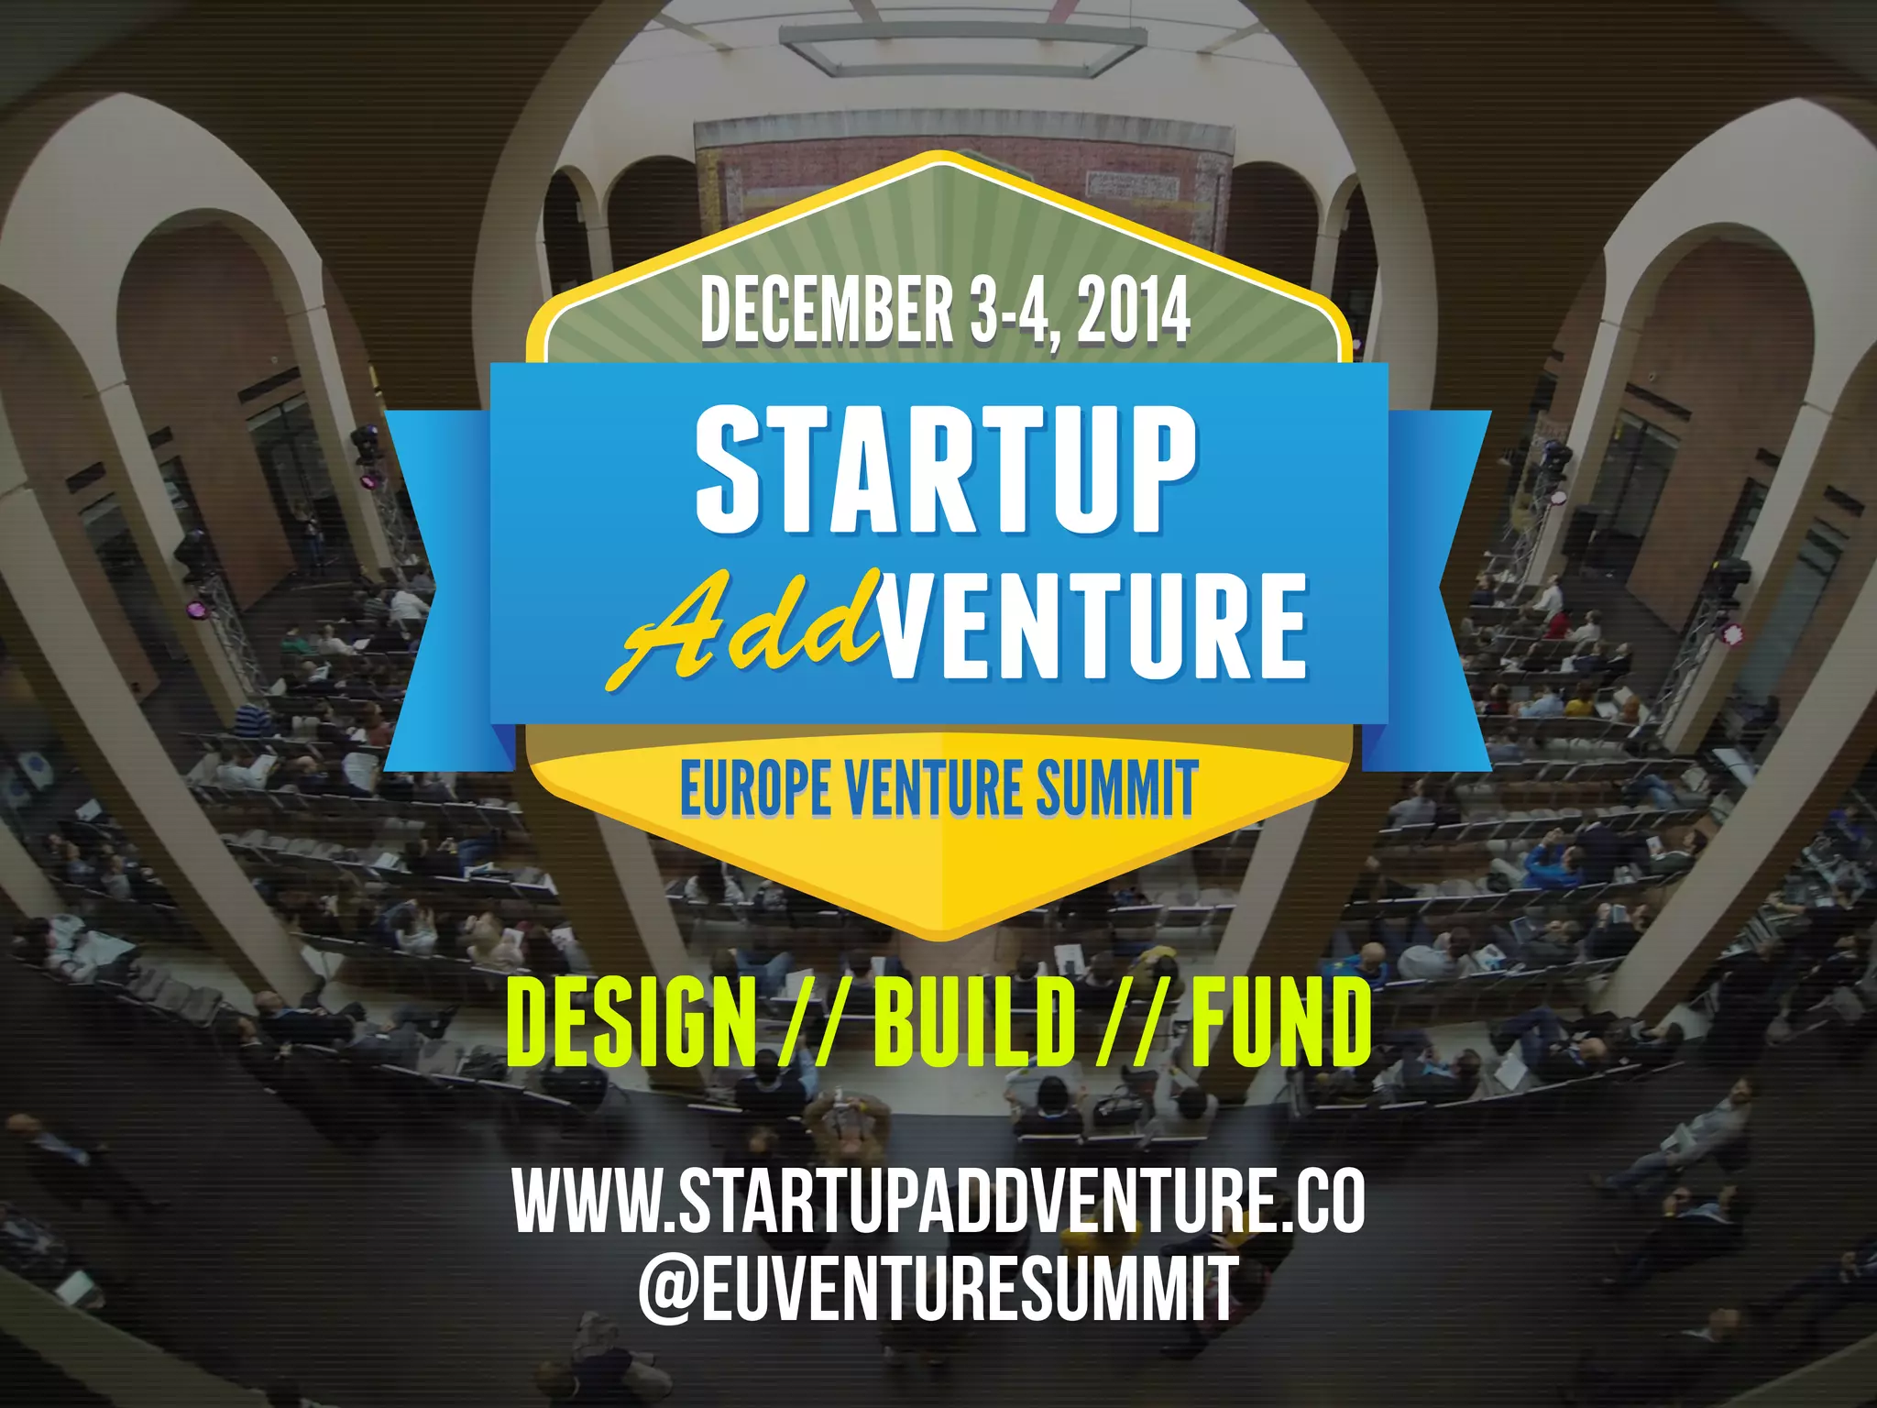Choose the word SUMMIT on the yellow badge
coord(1115,788)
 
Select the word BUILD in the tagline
coord(973,1021)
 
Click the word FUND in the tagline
coord(1279,1021)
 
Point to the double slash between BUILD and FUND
coord(1132,1021)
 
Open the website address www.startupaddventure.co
coord(938,1201)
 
